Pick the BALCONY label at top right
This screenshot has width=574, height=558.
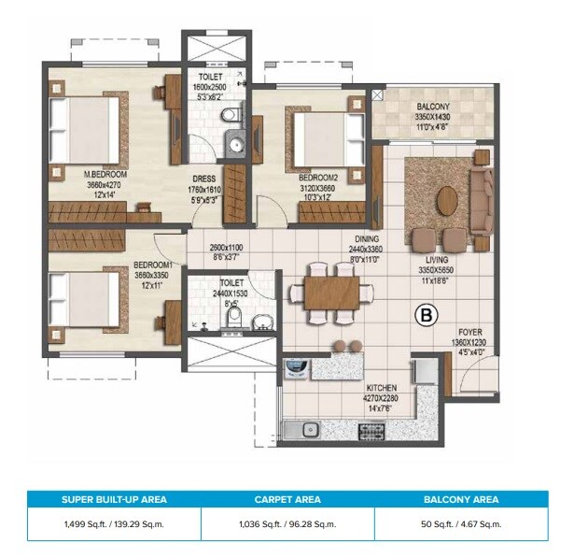click(x=433, y=108)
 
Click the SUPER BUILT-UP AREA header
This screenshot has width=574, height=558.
click(x=114, y=500)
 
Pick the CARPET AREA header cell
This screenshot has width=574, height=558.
click(x=287, y=500)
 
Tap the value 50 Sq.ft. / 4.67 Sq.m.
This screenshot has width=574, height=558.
click(x=461, y=524)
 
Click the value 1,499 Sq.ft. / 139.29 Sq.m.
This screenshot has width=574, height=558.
click(x=114, y=524)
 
